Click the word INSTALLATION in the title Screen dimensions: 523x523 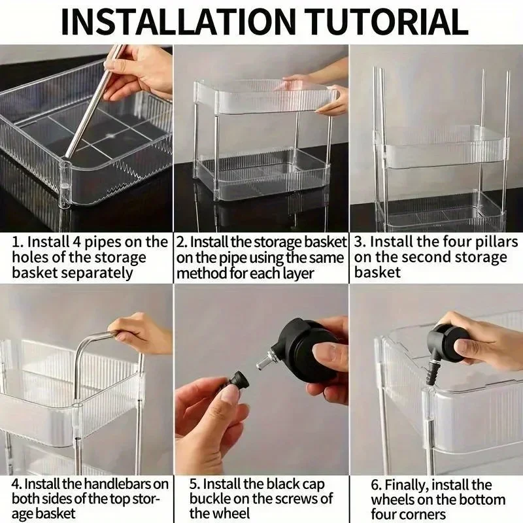[178, 22]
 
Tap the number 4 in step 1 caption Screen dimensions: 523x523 [76, 242]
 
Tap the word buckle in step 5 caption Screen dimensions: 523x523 [210, 499]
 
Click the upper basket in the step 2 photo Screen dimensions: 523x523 [265, 97]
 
